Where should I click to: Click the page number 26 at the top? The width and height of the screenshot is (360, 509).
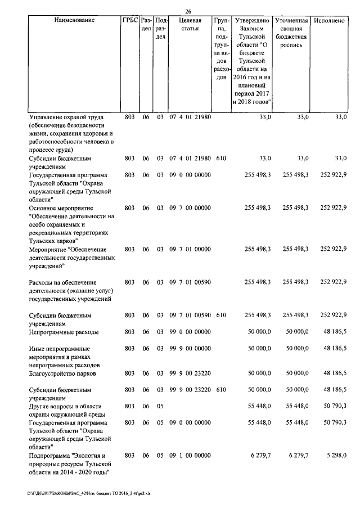[188, 12]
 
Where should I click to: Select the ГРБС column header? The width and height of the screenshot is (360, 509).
[129, 20]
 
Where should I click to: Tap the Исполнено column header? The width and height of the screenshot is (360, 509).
[330, 20]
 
